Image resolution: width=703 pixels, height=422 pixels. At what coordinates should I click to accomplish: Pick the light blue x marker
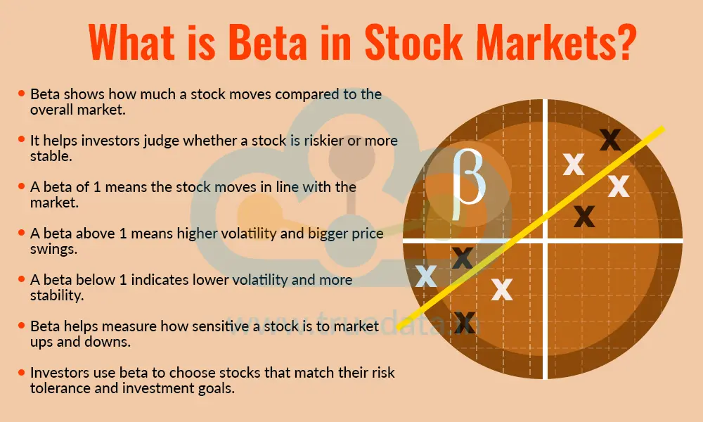click(426, 276)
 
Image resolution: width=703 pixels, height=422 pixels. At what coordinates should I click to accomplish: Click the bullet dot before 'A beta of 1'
click(22, 186)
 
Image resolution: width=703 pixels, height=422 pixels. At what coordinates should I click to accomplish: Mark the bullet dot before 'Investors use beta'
click(22, 373)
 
